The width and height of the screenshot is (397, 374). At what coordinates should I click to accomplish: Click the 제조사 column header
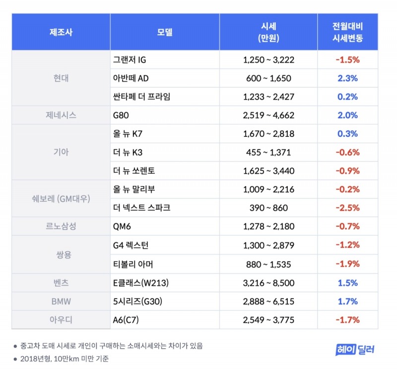tap(61, 32)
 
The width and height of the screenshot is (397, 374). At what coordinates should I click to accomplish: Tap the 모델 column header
tap(164, 32)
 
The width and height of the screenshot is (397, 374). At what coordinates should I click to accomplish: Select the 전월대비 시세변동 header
tap(347, 32)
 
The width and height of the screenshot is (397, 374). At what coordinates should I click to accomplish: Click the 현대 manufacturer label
tap(61, 78)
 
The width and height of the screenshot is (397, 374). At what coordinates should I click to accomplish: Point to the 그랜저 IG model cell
tap(130, 60)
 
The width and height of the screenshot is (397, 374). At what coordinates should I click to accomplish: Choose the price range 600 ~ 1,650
tap(268, 78)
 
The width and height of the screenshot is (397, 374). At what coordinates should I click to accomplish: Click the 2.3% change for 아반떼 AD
tap(347, 78)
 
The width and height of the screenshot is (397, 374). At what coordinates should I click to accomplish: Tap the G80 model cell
tap(121, 115)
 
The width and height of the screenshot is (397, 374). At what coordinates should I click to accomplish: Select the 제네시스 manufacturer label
tap(61, 115)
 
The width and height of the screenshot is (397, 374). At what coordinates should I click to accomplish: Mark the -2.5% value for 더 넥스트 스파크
tap(347, 208)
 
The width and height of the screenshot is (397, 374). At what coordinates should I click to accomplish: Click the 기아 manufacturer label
tap(61, 152)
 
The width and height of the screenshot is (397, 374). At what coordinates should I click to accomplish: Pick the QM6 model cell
tap(123, 227)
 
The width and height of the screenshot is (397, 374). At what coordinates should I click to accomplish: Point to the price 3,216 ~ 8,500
tap(268, 283)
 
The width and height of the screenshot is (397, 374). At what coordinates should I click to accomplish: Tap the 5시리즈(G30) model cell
tap(136, 301)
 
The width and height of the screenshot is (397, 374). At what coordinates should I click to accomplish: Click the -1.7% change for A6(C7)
tap(347, 320)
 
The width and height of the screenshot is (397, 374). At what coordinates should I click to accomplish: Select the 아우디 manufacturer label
tap(61, 320)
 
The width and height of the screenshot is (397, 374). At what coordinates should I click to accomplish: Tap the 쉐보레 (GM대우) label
tap(61, 198)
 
